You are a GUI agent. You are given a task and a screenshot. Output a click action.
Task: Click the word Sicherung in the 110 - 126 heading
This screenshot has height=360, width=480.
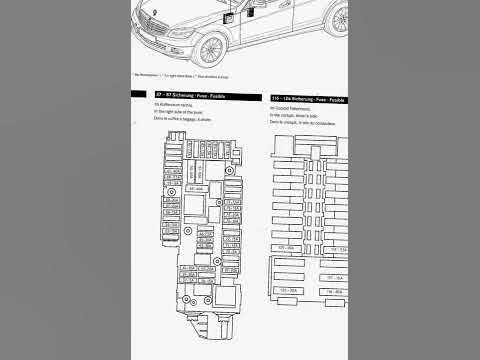pyautogui.click(x=305, y=96)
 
